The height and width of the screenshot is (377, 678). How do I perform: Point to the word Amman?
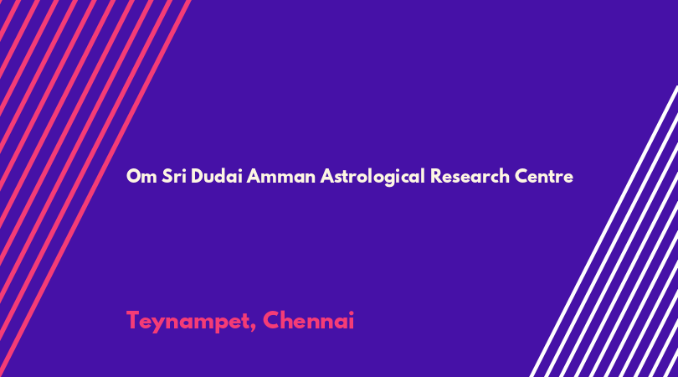point(280,176)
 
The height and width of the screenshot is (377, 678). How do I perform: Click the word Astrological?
point(372,177)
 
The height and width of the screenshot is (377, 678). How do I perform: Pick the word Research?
point(470,176)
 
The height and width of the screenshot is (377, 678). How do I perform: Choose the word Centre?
point(543,176)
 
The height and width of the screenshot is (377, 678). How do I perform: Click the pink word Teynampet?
point(188,322)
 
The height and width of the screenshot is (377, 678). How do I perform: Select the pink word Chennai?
point(308,320)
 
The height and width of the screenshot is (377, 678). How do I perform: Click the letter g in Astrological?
point(389,179)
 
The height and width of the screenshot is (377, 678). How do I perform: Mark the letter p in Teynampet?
point(221,325)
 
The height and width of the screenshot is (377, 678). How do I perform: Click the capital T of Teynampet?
point(134,320)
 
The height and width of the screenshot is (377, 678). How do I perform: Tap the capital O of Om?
point(134,176)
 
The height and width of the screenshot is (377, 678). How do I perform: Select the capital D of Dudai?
point(198,176)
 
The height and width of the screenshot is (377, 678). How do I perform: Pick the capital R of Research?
point(437,176)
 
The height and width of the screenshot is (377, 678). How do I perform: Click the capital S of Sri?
point(167,176)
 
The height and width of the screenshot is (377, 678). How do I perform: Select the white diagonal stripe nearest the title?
point(604,231)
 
